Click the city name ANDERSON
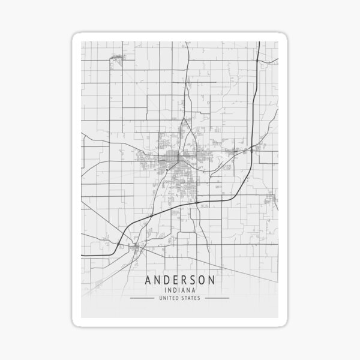click(x=180, y=280)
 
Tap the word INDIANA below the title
click(x=180, y=290)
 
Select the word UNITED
click(x=170, y=298)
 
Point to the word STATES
click(x=192, y=298)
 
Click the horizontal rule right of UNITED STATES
click(x=217, y=298)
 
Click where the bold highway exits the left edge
click(x=83, y=255)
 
